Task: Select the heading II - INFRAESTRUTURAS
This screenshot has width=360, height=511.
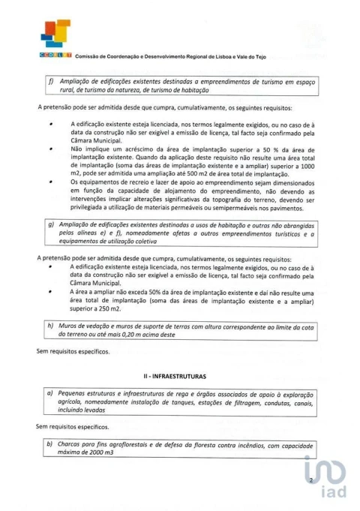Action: (179, 373)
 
